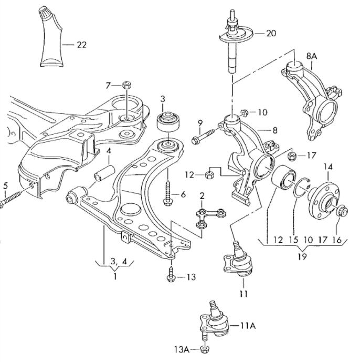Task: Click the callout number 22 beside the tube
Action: tap(82, 45)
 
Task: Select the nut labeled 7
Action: tap(126, 85)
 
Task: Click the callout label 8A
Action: tap(312, 56)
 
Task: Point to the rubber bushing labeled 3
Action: tap(167, 121)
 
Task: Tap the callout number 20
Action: tap(271, 33)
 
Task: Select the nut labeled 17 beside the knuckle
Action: tap(292, 156)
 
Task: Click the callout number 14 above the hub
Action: tap(329, 167)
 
